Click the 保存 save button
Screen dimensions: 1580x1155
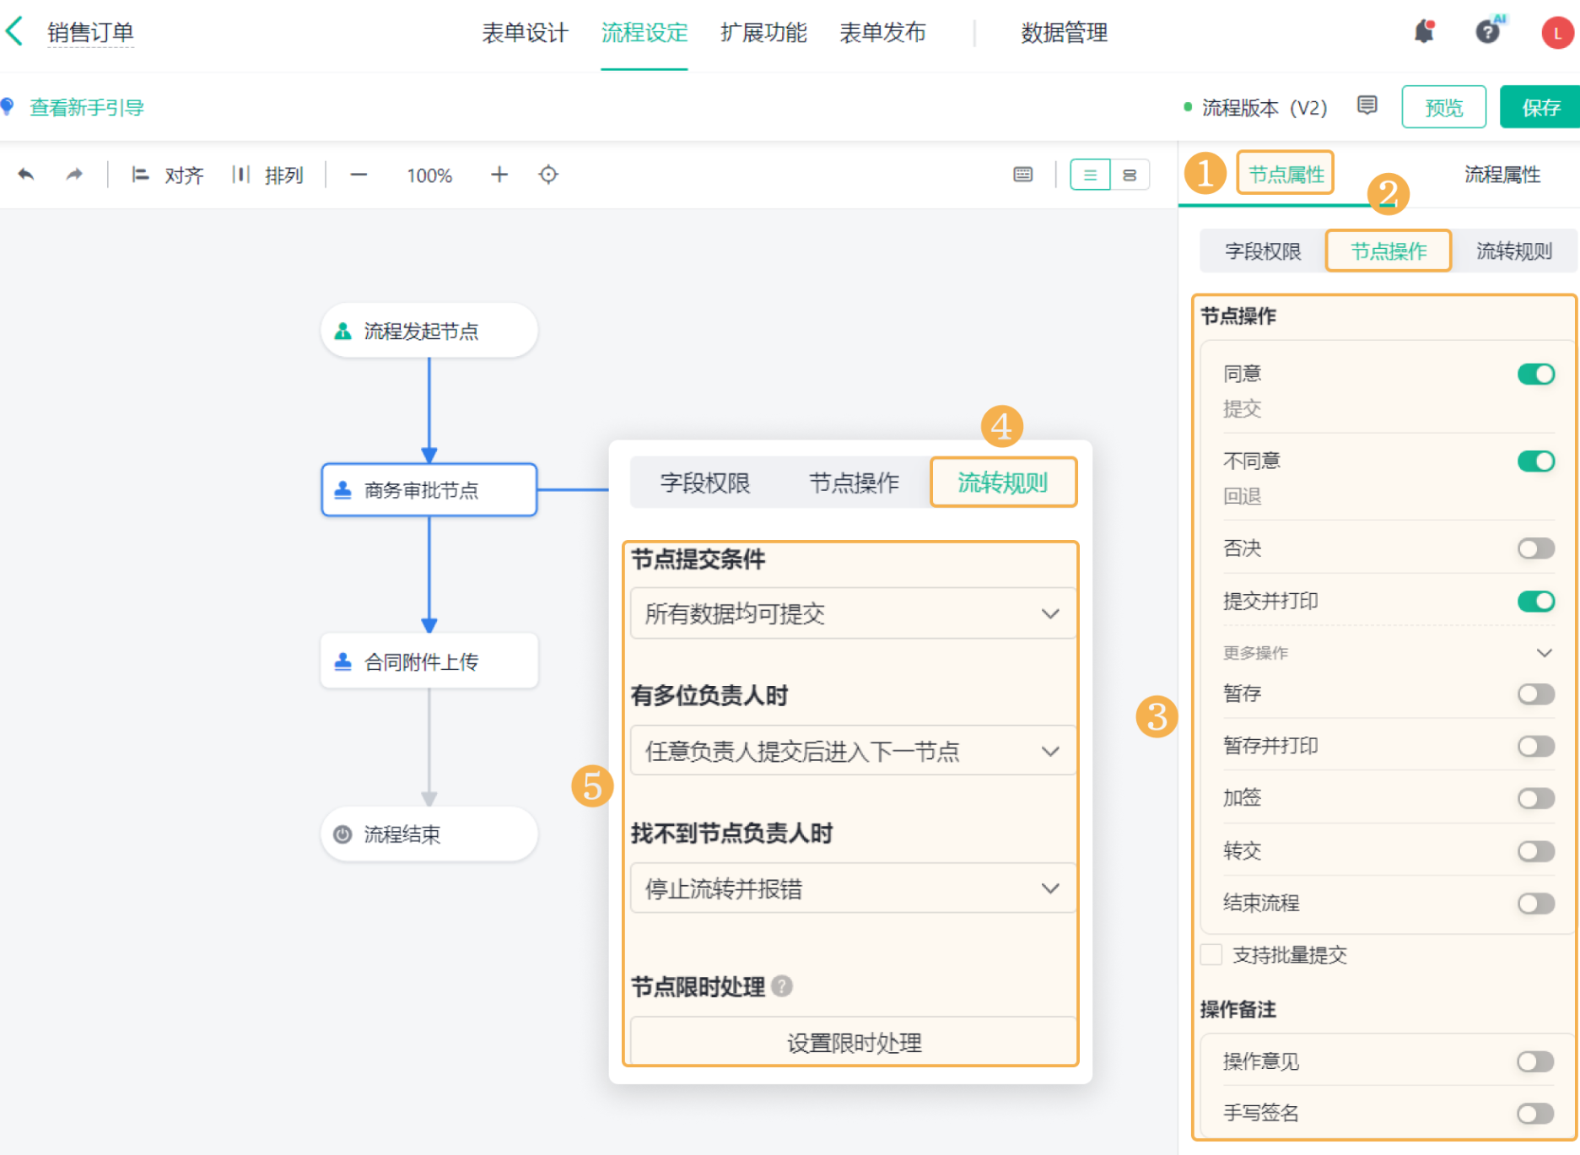tap(1540, 107)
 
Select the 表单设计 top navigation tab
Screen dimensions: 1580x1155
tap(525, 33)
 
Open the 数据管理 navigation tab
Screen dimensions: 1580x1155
tap(1064, 33)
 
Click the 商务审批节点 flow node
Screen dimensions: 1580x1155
tap(429, 489)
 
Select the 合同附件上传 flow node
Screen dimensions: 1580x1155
tap(429, 661)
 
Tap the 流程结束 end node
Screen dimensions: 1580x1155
tap(429, 834)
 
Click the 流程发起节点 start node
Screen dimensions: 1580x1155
tap(429, 331)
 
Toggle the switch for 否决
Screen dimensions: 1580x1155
tap(1535, 548)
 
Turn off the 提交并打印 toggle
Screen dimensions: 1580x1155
tap(1535, 601)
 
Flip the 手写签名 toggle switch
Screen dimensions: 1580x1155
tap(1535, 1113)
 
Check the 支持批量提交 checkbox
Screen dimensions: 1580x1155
tap(1211, 954)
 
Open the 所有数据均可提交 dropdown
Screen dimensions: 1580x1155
tap(853, 613)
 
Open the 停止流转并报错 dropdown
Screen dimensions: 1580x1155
tap(853, 888)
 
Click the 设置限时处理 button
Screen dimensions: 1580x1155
tap(853, 1042)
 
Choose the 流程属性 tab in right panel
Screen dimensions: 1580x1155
tap(1502, 175)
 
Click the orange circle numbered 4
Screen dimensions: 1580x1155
tap(1001, 426)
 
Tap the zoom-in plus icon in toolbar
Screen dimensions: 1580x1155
tap(499, 175)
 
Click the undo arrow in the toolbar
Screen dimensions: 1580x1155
tap(26, 175)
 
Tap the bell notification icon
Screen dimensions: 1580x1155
tap(1424, 32)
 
